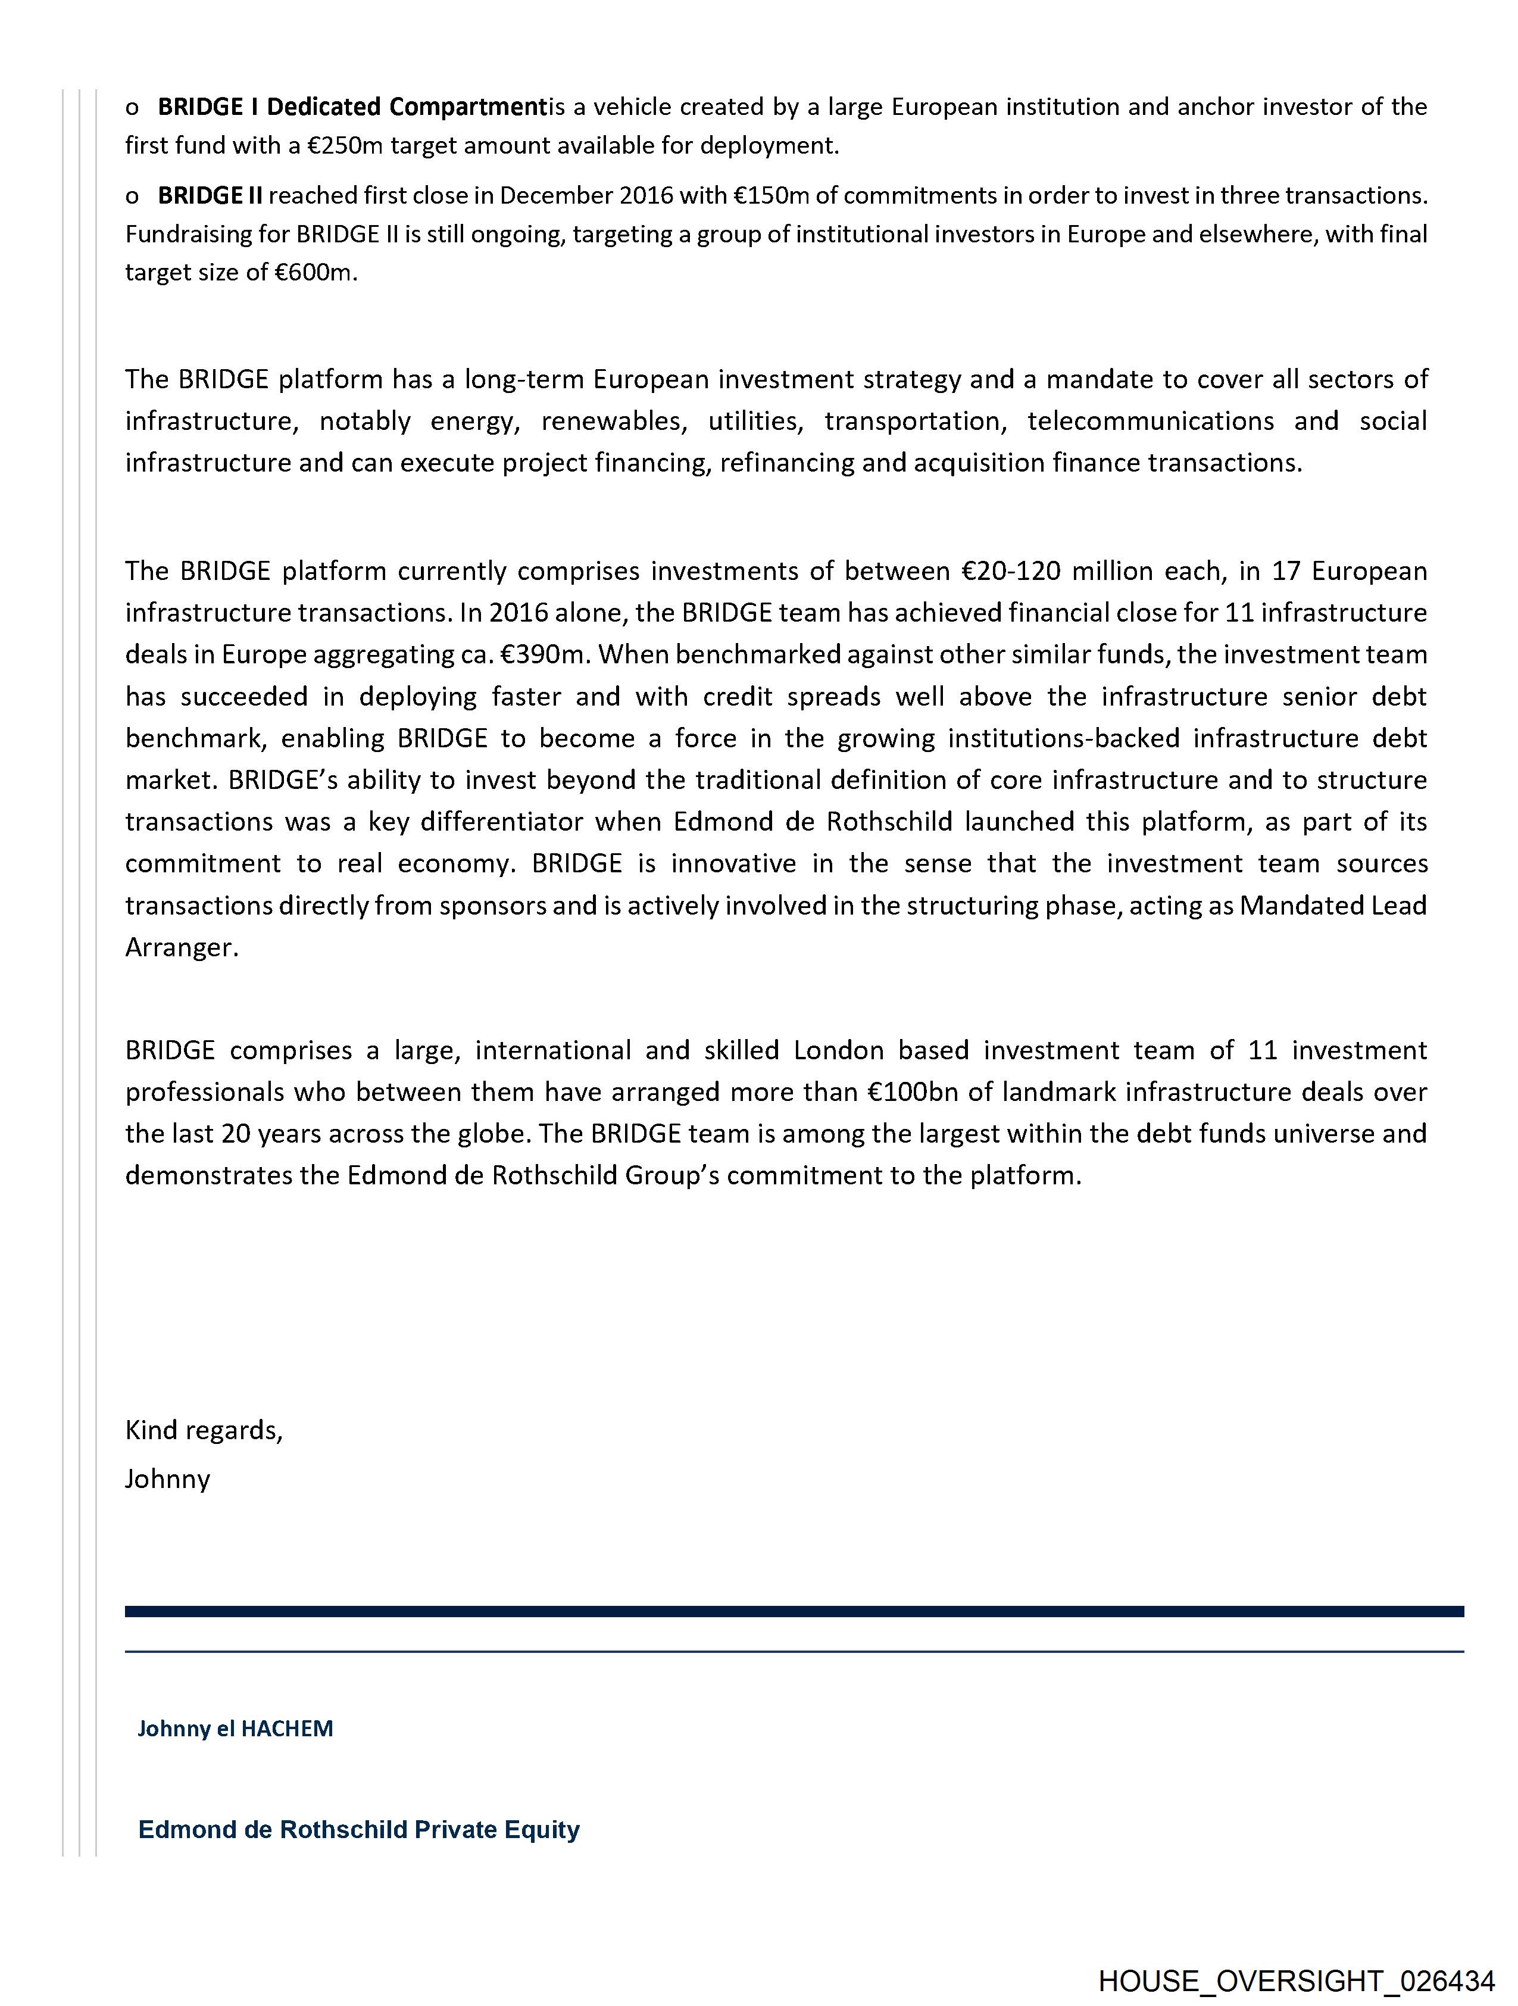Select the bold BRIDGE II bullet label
pos(210,196)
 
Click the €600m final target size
pos(313,273)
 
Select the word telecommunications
pos(1150,422)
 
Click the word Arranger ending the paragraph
pos(182,948)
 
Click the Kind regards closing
pos(204,1430)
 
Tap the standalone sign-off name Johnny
pos(168,1479)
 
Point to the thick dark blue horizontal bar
pos(794,1611)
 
